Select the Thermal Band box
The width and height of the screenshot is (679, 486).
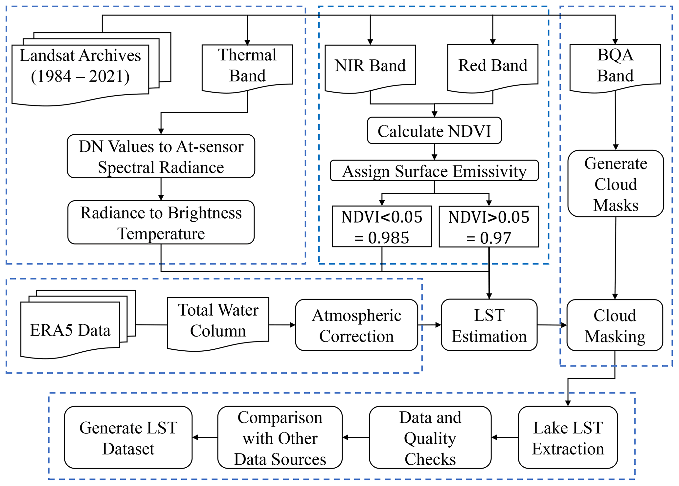(x=247, y=66)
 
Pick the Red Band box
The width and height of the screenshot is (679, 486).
(x=493, y=66)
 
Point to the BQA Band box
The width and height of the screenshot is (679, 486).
(x=615, y=66)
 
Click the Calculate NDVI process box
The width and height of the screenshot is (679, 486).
(x=434, y=131)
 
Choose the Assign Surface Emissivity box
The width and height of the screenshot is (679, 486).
(x=434, y=171)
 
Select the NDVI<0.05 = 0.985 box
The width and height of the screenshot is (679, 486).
(x=382, y=227)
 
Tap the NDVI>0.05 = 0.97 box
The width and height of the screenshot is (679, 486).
(x=489, y=227)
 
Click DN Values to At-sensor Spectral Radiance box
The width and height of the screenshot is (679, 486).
(x=161, y=156)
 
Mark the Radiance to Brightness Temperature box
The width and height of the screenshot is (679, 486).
(x=161, y=223)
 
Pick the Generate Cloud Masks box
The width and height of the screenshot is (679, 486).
(x=616, y=184)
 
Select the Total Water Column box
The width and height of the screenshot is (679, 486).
(x=218, y=322)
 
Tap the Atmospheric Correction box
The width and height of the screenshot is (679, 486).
(x=356, y=325)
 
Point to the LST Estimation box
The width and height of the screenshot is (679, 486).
(x=489, y=325)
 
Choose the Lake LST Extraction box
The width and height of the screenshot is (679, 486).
(x=568, y=437)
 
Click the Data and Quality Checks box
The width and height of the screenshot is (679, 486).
(x=430, y=437)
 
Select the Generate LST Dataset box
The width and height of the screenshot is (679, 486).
(x=128, y=437)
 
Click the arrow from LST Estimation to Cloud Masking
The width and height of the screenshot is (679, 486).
(x=552, y=325)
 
